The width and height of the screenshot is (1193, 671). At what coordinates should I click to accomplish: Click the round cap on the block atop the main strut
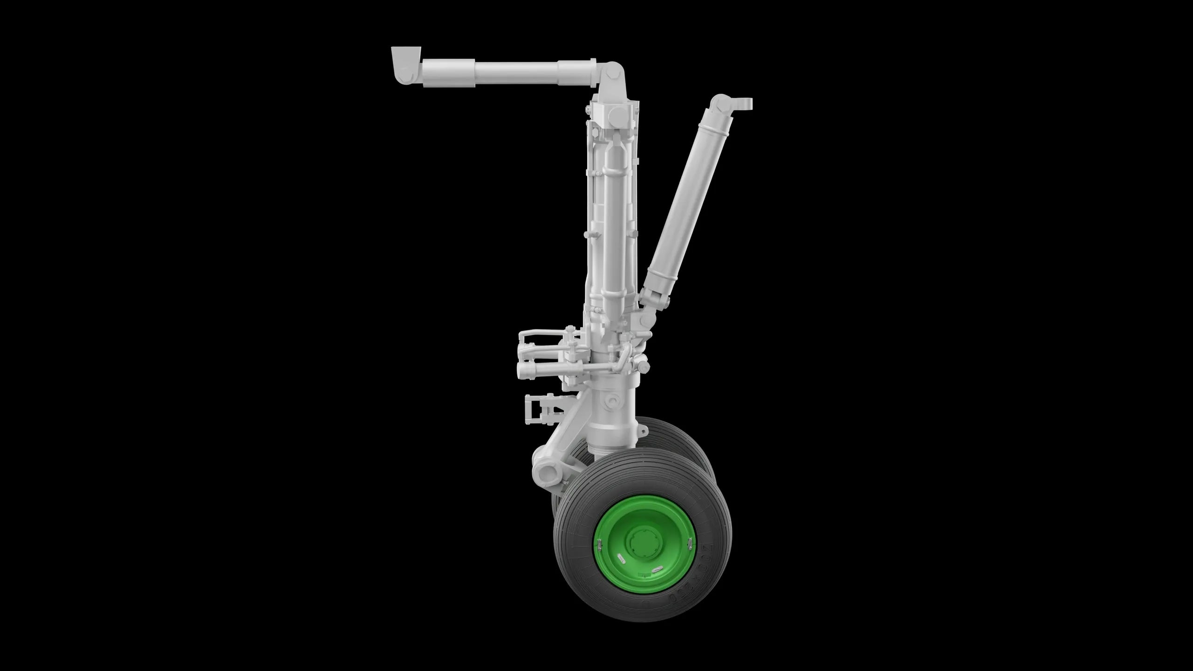coord(620,114)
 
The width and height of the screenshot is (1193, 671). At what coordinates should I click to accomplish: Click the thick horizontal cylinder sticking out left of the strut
coord(536,371)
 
